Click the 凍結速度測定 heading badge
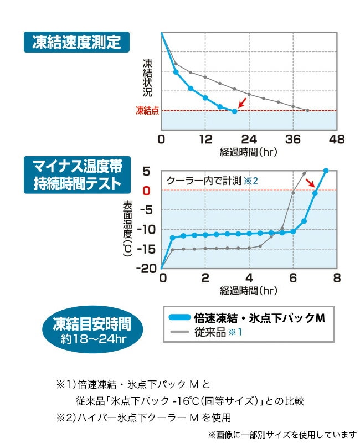pos(76,43)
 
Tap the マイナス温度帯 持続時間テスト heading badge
pos(76,174)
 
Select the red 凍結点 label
pos(147,111)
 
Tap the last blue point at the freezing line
pos(234,111)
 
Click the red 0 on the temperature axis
pos(147,190)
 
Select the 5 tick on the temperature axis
pos(147,171)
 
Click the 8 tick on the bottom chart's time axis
pos(336,278)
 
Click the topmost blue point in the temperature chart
pos(326,171)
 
